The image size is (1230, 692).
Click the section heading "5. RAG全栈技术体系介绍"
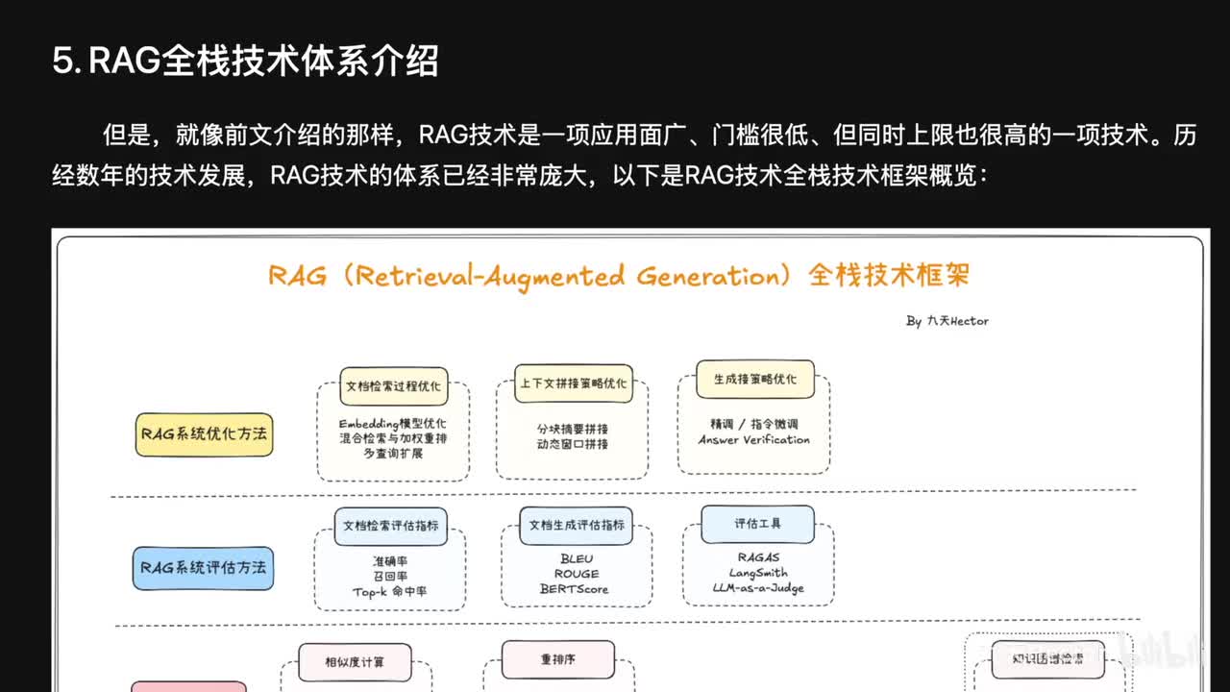click(245, 62)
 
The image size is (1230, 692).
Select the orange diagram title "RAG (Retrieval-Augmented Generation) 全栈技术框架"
click(619, 276)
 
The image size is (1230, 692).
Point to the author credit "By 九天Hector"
click(947, 321)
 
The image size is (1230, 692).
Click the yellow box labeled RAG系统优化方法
click(204, 433)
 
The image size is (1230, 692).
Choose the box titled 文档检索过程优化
click(393, 385)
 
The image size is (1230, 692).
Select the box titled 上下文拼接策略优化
click(573, 383)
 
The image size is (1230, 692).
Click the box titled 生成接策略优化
click(754, 379)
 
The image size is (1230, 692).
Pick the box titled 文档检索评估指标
click(391, 526)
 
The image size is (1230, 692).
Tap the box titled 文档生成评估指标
click(577, 525)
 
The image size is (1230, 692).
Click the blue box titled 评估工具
click(758, 524)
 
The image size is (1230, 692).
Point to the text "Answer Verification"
click(754, 440)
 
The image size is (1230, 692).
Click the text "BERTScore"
click(574, 589)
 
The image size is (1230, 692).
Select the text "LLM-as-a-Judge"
click(758, 587)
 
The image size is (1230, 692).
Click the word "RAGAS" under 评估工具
click(758, 557)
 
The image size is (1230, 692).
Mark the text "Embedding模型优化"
click(392, 424)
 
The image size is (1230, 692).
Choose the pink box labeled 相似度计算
click(355, 661)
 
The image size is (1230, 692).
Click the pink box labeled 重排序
click(558, 659)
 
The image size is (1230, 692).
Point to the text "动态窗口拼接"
click(573, 444)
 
